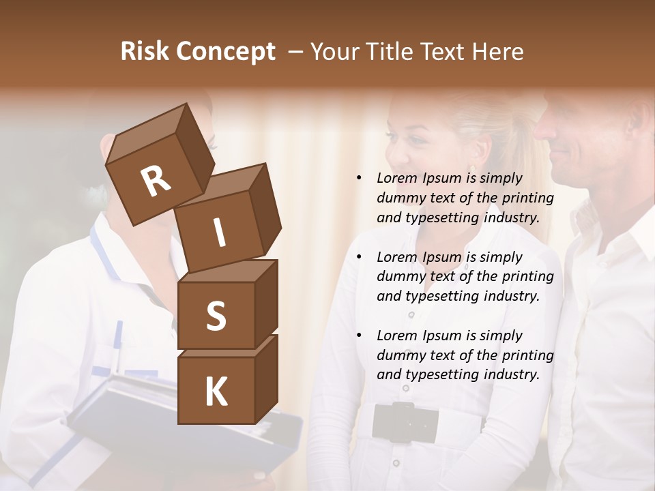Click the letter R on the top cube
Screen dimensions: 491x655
[156, 182]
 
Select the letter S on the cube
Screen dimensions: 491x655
[216, 316]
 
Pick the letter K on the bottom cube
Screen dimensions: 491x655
[216, 392]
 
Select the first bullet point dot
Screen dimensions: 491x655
[359, 178]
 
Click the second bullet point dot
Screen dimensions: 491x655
[359, 257]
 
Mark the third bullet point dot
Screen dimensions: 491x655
[359, 336]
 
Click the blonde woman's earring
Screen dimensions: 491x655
[472, 169]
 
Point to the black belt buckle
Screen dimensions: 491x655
[405, 422]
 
